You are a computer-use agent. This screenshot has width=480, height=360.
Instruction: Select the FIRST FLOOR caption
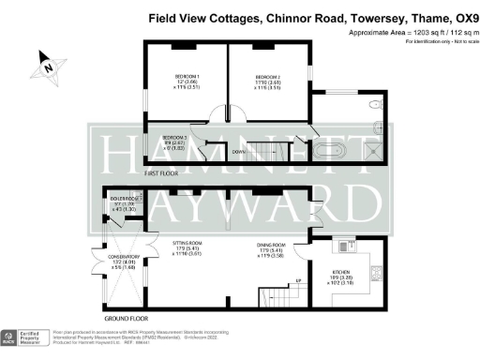click(163, 174)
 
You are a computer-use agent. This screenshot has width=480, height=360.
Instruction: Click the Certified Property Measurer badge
click(27, 338)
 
